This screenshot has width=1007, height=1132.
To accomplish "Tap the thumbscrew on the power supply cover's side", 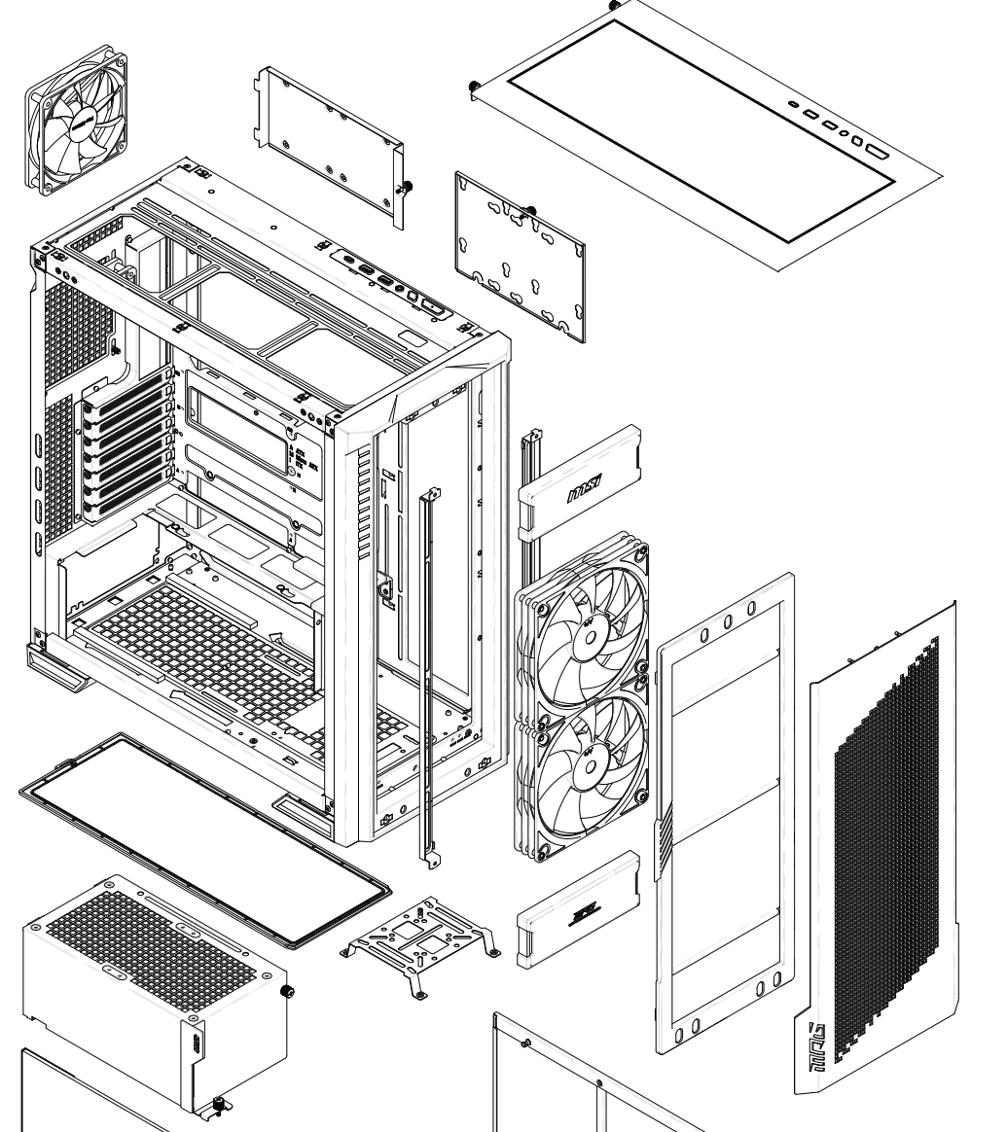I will pos(287,991).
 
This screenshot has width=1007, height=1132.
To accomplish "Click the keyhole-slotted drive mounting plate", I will pos(521,258).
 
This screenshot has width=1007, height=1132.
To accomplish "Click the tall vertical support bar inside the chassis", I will pos(425,671).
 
